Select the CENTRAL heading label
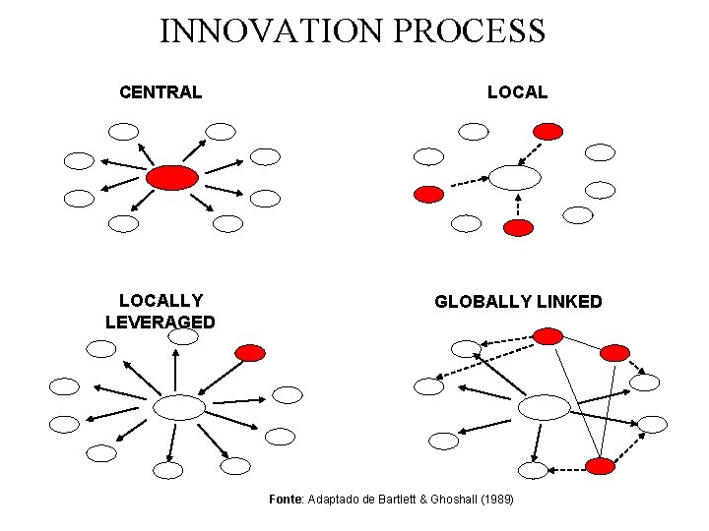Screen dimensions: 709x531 pyautogui.click(x=161, y=92)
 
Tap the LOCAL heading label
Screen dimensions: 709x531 pyautogui.click(x=517, y=92)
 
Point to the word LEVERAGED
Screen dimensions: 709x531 pyautogui.click(x=161, y=322)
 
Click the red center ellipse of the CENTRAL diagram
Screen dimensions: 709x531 pyautogui.click(x=172, y=177)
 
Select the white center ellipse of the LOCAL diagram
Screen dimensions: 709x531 pyautogui.click(x=515, y=177)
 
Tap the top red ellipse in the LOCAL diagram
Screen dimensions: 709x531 pyautogui.click(x=548, y=131)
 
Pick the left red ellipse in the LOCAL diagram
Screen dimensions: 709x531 pyautogui.click(x=428, y=194)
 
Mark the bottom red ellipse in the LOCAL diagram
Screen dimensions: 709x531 pyautogui.click(x=517, y=227)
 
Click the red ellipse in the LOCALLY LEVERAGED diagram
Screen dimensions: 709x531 pyautogui.click(x=251, y=352)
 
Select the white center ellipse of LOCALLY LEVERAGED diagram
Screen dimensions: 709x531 pyautogui.click(x=179, y=407)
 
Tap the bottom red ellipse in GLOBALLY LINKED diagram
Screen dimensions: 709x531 pyautogui.click(x=599, y=466)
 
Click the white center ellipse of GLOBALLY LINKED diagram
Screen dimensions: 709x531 pyautogui.click(x=544, y=406)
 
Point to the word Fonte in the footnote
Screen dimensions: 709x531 pyautogui.click(x=287, y=500)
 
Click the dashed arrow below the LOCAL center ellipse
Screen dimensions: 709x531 pyautogui.click(x=518, y=205)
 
